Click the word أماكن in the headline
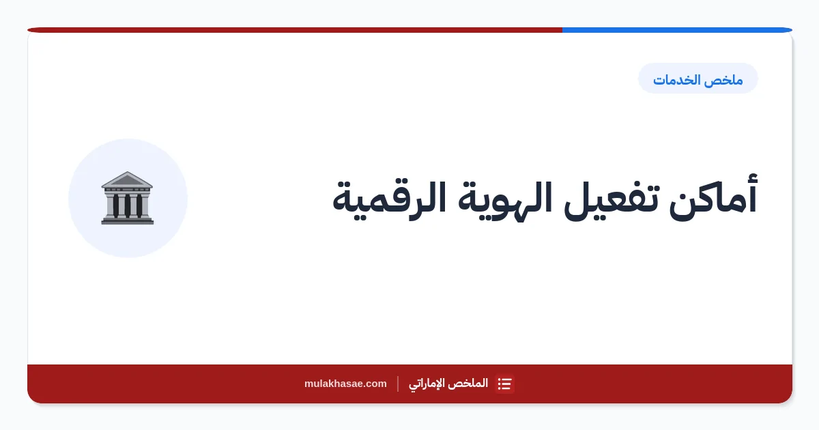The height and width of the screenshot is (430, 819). [x=713, y=198]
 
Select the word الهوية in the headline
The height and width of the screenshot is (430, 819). [x=505, y=201]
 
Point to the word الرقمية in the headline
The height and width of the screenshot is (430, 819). [x=390, y=201]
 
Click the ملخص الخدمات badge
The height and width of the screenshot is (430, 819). [x=698, y=78]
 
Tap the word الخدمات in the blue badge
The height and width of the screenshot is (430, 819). [x=679, y=80]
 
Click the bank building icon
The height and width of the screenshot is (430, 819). [x=127, y=198]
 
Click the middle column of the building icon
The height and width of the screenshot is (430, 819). [x=127, y=205]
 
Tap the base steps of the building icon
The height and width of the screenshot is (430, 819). [x=127, y=220]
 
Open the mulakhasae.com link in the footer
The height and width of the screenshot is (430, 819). [x=345, y=384]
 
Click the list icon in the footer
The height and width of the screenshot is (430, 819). [x=504, y=384]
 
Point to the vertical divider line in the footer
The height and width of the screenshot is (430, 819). [x=398, y=384]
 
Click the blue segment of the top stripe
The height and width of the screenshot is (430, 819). [x=677, y=30]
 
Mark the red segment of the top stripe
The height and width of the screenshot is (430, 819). [x=295, y=30]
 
